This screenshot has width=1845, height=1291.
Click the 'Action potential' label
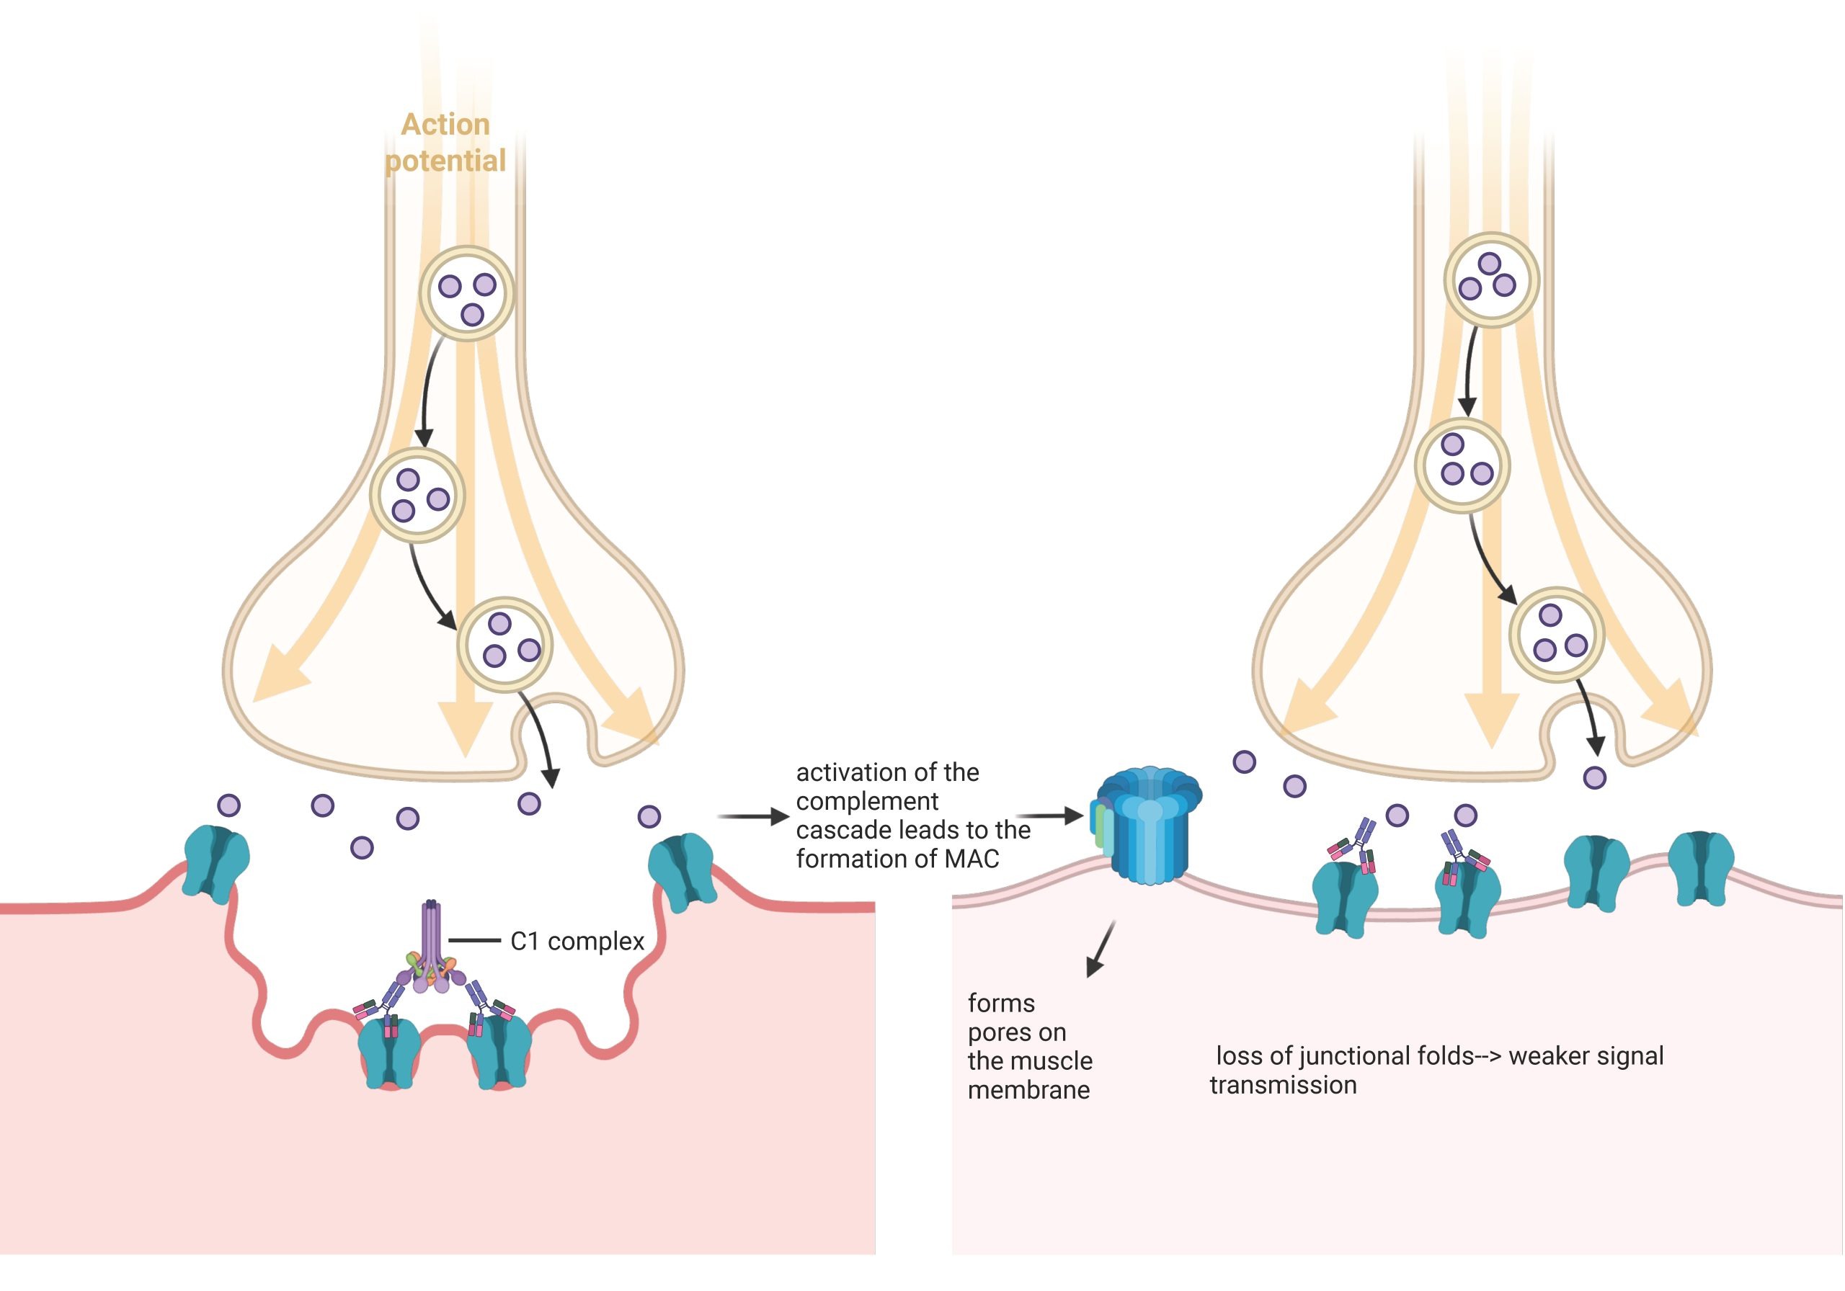pyautogui.click(x=446, y=143)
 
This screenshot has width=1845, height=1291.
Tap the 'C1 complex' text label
pyautogui.click(x=577, y=942)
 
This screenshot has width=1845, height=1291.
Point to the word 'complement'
pyautogui.click(x=867, y=801)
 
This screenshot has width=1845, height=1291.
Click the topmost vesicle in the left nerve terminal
pyautogui.click(x=467, y=294)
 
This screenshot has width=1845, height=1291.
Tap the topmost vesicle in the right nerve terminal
pyautogui.click(x=1490, y=280)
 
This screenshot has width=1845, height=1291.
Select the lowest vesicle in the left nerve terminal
pyautogui.click(x=504, y=643)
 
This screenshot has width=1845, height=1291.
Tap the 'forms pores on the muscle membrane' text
pyautogui.click(x=1029, y=1046)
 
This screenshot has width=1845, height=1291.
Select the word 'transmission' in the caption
pyautogui.click(x=1283, y=1086)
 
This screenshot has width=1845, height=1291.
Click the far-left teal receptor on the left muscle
pyautogui.click(x=215, y=864)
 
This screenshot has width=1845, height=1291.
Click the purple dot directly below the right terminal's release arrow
pyautogui.click(x=1594, y=777)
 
